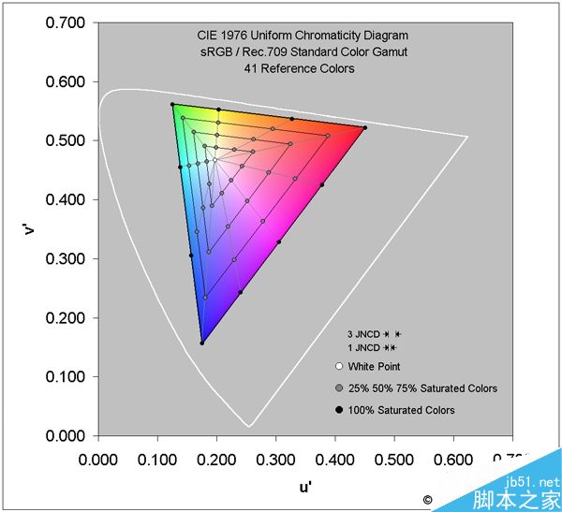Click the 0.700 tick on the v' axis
tap(65, 22)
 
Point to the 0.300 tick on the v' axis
tap(65, 259)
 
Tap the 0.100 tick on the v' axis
tap(65, 377)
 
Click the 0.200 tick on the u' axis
tap(215, 460)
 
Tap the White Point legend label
tap(374, 367)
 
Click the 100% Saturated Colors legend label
tap(401, 410)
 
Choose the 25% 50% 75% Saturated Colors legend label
tap(422, 388)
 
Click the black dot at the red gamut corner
tap(364, 127)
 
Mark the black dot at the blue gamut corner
tap(201, 343)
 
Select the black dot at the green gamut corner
tap(172, 105)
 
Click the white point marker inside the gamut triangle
tap(214, 160)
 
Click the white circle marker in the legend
tap(337, 367)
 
